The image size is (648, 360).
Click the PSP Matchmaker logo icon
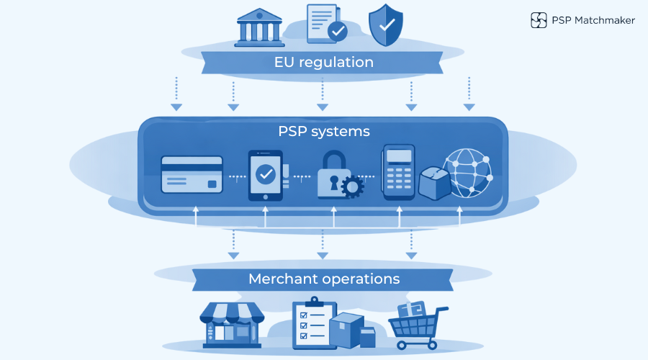[539, 20]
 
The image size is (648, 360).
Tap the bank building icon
[258, 28]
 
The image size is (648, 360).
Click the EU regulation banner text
[324, 62]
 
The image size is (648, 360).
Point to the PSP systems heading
[324, 132]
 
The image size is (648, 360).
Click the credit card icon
[192, 175]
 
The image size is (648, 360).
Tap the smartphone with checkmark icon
[265, 175]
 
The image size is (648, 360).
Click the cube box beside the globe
[434, 182]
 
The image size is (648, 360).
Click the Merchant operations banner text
[324, 279]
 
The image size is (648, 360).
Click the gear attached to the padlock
[353, 187]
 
